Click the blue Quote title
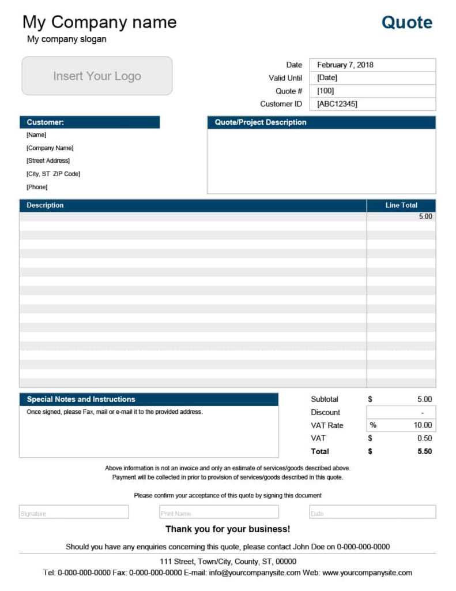click(x=406, y=23)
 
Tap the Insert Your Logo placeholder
click(x=97, y=76)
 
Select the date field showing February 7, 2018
click(x=372, y=65)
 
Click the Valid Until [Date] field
click(x=372, y=78)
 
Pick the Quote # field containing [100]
click(x=372, y=91)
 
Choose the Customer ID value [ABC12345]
click(x=372, y=104)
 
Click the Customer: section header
click(x=89, y=122)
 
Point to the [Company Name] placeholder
click(x=50, y=148)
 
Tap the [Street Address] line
click(x=48, y=161)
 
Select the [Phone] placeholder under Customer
click(x=37, y=187)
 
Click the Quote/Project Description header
click(x=321, y=122)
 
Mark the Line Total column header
click(x=401, y=205)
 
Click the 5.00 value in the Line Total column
click(x=425, y=216)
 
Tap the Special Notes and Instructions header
click(x=149, y=399)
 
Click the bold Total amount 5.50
click(x=424, y=451)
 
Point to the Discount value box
click(x=401, y=413)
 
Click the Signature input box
click(x=74, y=513)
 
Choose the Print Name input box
click(x=219, y=513)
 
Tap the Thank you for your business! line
click(x=228, y=529)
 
